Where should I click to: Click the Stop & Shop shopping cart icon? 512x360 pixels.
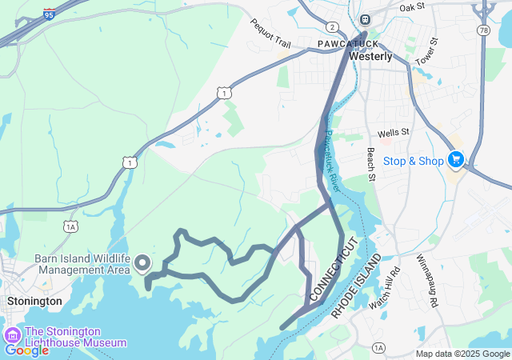pos(456,160)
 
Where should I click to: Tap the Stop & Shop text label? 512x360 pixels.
pos(413,161)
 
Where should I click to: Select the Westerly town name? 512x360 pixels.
pos(370,57)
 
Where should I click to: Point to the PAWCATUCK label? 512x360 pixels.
pos(348,42)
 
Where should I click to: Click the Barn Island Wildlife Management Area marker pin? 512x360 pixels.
pos(142,262)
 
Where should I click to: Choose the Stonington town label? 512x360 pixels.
pos(34,301)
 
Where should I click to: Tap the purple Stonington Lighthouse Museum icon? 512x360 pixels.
pos(13,335)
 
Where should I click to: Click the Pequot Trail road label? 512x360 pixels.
pos(270,33)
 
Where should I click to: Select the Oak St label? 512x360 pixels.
pos(411,7)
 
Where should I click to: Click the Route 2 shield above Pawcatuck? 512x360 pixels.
pos(332,27)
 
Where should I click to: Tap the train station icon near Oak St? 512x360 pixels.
pos(365,19)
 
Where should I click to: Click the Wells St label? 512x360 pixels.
pos(394,131)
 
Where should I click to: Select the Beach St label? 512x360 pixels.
pos(370,163)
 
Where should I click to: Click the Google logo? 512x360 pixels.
pos(26,350)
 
